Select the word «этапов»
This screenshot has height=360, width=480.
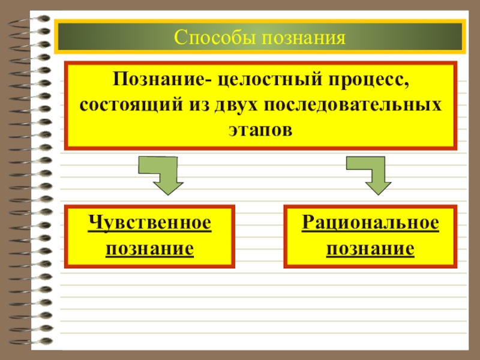(260, 129)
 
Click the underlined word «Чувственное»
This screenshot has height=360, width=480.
(149, 223)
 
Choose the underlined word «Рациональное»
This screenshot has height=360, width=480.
(370, 223)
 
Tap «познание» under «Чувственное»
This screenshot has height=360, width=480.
(149, 248)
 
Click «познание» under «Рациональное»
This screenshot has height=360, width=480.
(370, 248)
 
